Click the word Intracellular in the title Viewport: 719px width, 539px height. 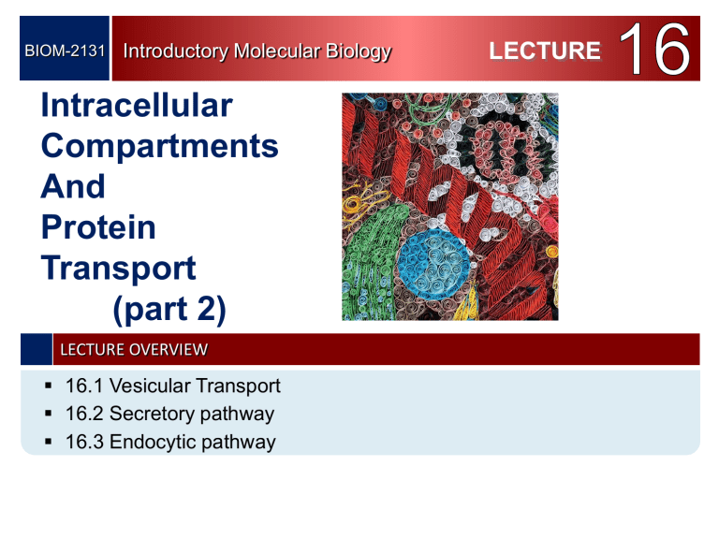click(x=137, y=106)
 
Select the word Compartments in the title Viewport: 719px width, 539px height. click(x=160, y=146)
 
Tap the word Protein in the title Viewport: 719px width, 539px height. click(x=99, y=227)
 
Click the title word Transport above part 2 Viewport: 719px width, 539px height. click(x=119, y=268)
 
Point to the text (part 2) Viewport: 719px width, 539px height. click(x=168, y=309)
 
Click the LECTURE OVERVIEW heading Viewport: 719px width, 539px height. click(x=134, y=350)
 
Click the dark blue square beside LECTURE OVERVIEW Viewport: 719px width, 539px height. click(x=37, y=350)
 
